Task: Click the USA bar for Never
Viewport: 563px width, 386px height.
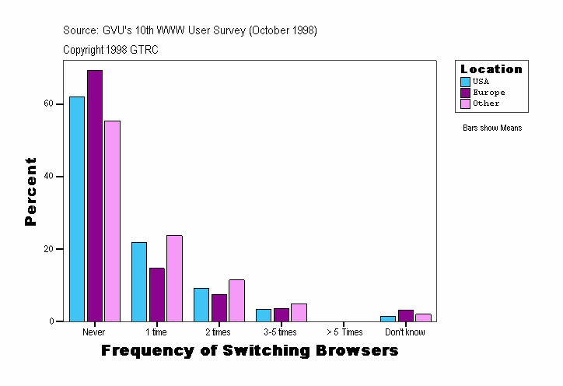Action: (x=77, y=209)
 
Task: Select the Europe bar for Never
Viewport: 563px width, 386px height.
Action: (x=95, y=195)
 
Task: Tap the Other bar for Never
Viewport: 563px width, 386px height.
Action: (x=112, y=221)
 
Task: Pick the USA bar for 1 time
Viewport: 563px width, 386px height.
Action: (x=139, y=282)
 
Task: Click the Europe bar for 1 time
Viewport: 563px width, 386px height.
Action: (x=157, y=294)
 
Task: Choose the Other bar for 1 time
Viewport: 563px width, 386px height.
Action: (x=174, y=278)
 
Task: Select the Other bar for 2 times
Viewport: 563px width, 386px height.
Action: (x=236, y=300)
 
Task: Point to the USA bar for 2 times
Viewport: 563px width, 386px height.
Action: (x=201, y=304)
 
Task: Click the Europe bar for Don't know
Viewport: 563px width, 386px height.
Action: (x=406, y=315)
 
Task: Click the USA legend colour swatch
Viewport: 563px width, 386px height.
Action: (x=465, y=82)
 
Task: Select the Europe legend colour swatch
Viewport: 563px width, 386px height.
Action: (x=465, y=93)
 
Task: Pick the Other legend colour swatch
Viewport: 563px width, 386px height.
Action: (x=465, y=104)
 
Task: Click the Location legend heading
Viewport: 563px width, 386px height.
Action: (x=491, y=69)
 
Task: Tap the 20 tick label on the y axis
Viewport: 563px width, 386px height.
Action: (x=48, y=249)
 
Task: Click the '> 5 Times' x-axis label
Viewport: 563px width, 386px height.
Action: (x=343, y=332)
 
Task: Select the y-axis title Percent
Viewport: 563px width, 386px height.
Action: (x=31, y=191)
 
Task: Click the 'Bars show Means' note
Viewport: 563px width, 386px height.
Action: (x=492, y=128)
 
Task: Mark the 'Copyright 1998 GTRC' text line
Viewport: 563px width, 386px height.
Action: (x=111, y=50)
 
